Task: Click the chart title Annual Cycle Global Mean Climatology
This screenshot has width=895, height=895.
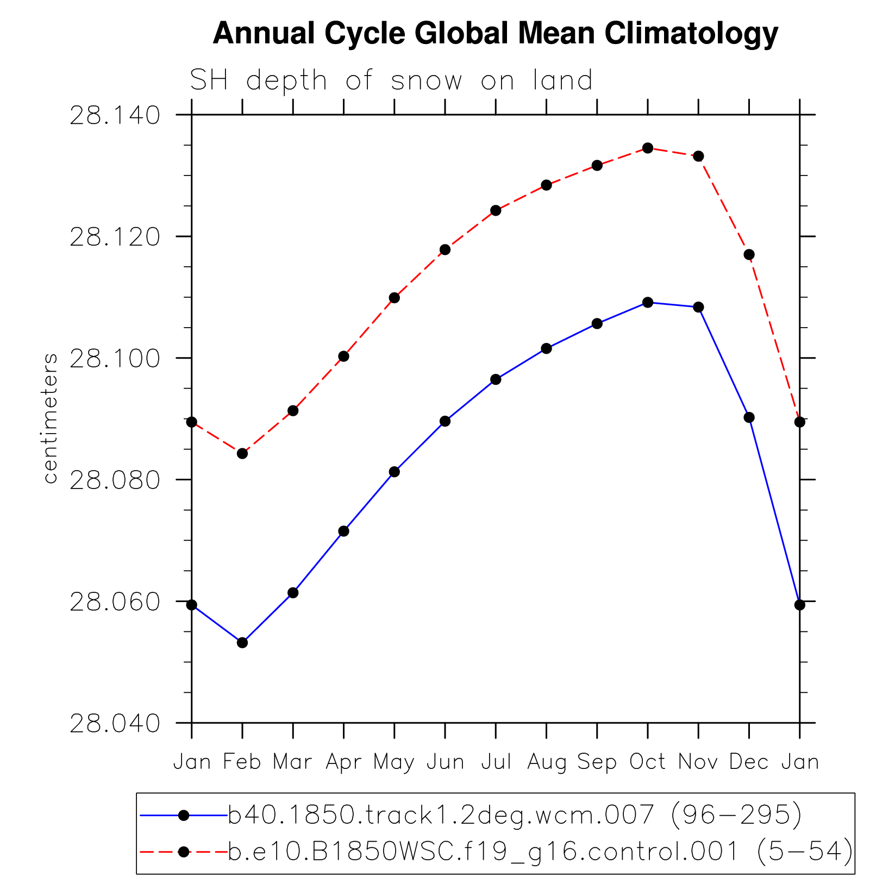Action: (x=495, y=34)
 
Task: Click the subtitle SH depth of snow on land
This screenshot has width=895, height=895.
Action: (x=391, y=81)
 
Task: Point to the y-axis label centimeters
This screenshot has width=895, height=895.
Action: (x=50, y=418)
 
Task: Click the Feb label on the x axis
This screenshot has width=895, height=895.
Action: (x=242, y=762)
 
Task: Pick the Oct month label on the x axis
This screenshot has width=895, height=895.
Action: (x=647, y=762)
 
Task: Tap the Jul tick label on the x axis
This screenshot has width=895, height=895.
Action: (x=496, y=762)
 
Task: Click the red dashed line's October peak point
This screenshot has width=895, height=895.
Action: (x=648, y=148)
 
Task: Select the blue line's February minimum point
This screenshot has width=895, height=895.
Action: (x=242, y=642)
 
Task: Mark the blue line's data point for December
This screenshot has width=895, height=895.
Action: (x=749, y=417)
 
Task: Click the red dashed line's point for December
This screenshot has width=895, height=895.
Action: (x=749, y=254)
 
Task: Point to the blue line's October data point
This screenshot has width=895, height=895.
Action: (x=648, y=302)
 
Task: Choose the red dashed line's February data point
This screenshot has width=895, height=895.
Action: (x=242, y=453)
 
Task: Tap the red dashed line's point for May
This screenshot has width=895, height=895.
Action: (x=395, y=298)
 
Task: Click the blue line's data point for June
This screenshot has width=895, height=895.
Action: (x=445, y=421)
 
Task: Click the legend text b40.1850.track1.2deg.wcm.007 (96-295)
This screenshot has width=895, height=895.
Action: (x=514, y=815)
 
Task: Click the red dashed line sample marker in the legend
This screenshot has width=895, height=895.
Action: (x=184, y=852)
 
